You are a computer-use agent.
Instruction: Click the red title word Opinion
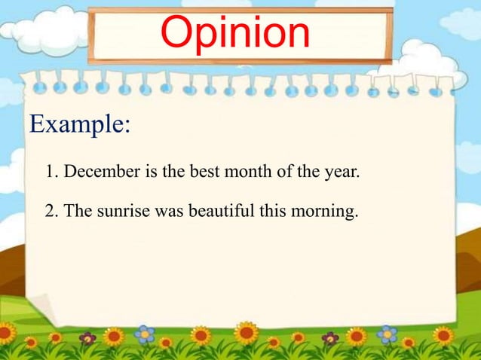[235, 33]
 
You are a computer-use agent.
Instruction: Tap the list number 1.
[50, 172]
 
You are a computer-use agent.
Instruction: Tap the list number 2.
[50, 211]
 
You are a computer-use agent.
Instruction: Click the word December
[101, 172]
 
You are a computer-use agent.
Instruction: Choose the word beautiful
[219, 211]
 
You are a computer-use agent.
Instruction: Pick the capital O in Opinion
[178, 33]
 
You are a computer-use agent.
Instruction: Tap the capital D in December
[70, 172]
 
